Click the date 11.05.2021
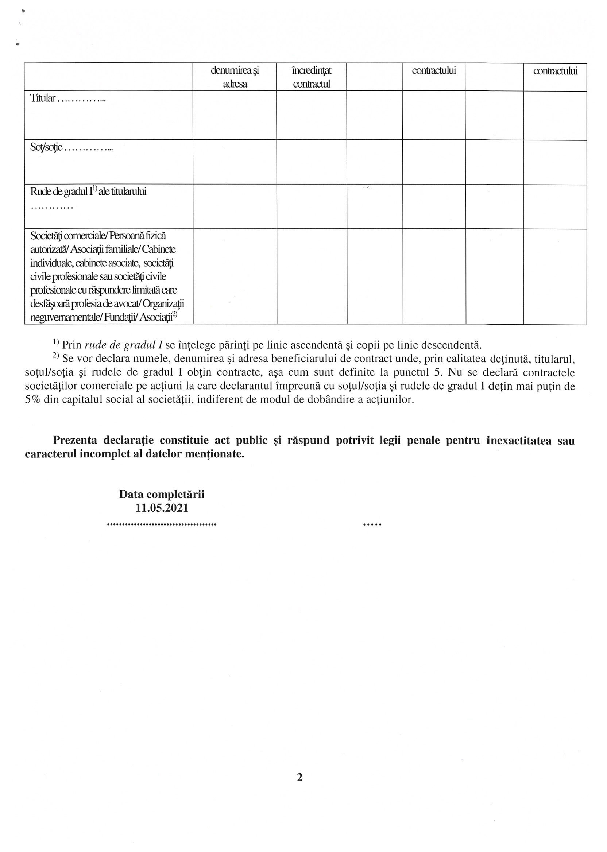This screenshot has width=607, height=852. click(162, 508)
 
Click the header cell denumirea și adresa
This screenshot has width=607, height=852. click(235, 77)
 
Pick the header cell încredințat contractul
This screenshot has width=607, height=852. click(312, 77)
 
